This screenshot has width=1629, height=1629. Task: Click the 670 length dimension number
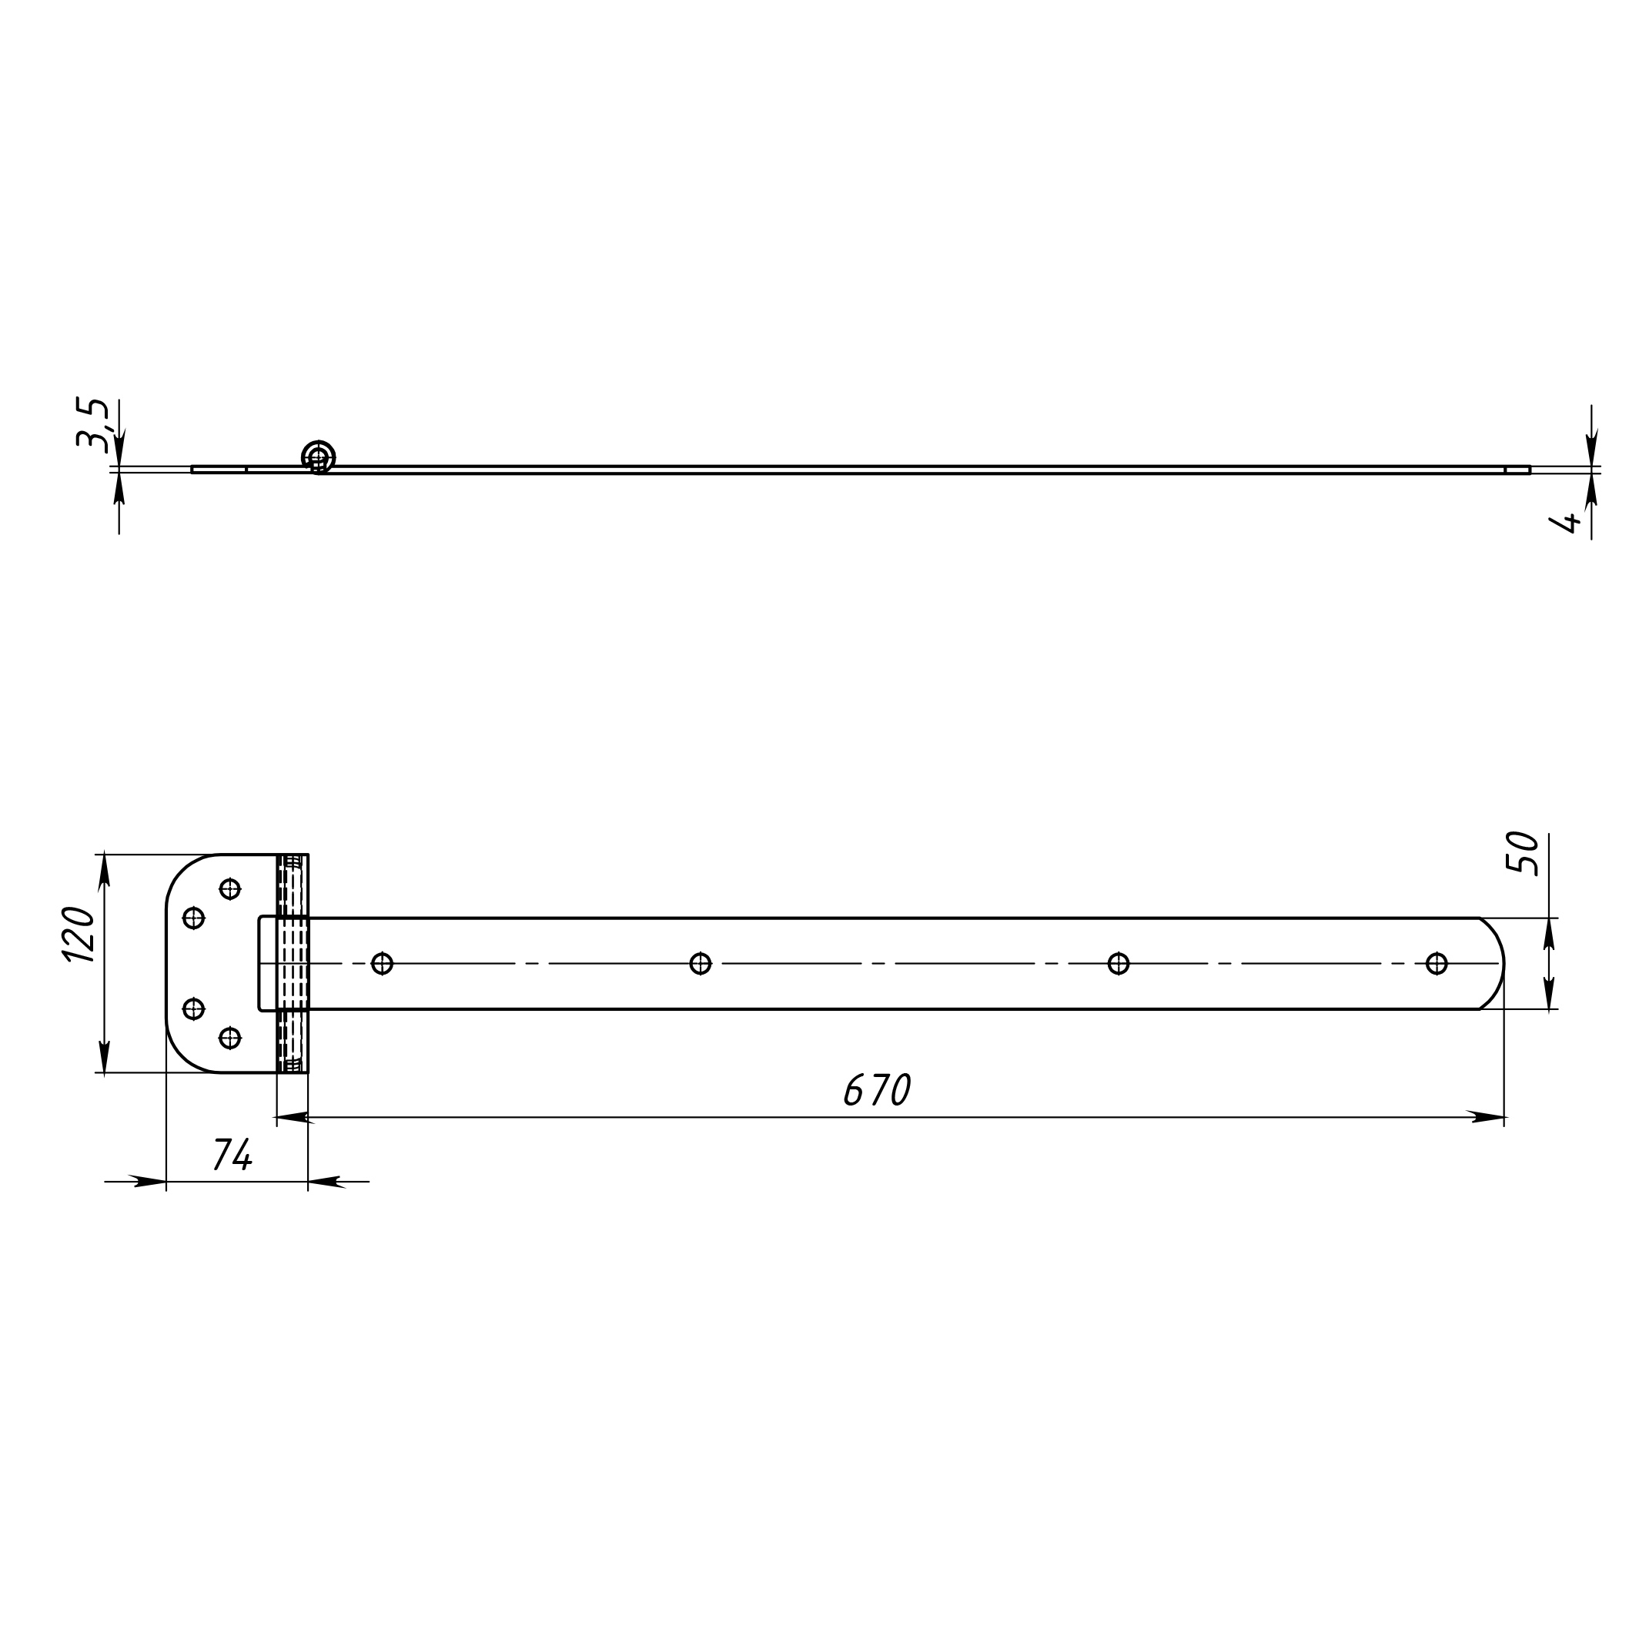(877, 1089)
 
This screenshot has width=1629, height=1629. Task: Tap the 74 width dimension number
(232, 1154)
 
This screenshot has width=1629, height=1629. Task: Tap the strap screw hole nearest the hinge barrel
(382, 963)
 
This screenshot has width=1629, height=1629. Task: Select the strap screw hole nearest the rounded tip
(1437, 963)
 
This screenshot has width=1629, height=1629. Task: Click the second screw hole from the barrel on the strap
(700, 963)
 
